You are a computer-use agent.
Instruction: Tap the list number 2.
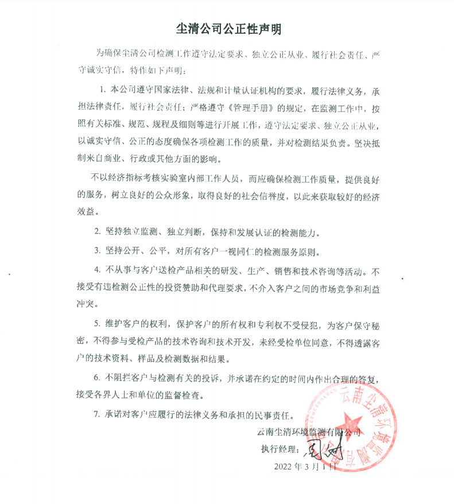97,233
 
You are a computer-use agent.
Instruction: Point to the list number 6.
97,378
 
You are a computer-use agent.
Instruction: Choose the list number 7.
97,413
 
